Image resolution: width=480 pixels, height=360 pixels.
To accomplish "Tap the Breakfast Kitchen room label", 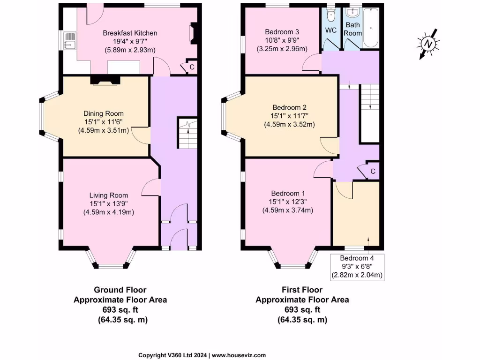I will (130, 33).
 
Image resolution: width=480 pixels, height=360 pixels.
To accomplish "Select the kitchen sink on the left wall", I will (69, 41).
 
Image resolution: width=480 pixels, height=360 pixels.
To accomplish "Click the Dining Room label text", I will (104, 113).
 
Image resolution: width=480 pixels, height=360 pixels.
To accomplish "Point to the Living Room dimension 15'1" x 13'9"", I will (109, 204).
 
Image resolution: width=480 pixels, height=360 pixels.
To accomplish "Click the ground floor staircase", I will (187, 133).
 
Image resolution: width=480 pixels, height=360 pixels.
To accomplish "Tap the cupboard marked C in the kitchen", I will (192, 67).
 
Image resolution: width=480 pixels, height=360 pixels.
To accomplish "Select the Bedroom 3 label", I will (282, 32).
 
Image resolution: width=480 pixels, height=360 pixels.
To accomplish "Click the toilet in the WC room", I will (331, 15).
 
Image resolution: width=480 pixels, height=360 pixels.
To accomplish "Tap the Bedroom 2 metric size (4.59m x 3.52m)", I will (289, 124).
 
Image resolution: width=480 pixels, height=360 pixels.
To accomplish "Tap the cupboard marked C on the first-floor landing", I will (372, 172).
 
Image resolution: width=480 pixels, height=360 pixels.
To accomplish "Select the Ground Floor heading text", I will (120, 290).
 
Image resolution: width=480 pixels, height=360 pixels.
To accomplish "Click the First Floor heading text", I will (302, 290).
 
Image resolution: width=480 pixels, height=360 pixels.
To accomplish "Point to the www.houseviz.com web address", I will (240, 355).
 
